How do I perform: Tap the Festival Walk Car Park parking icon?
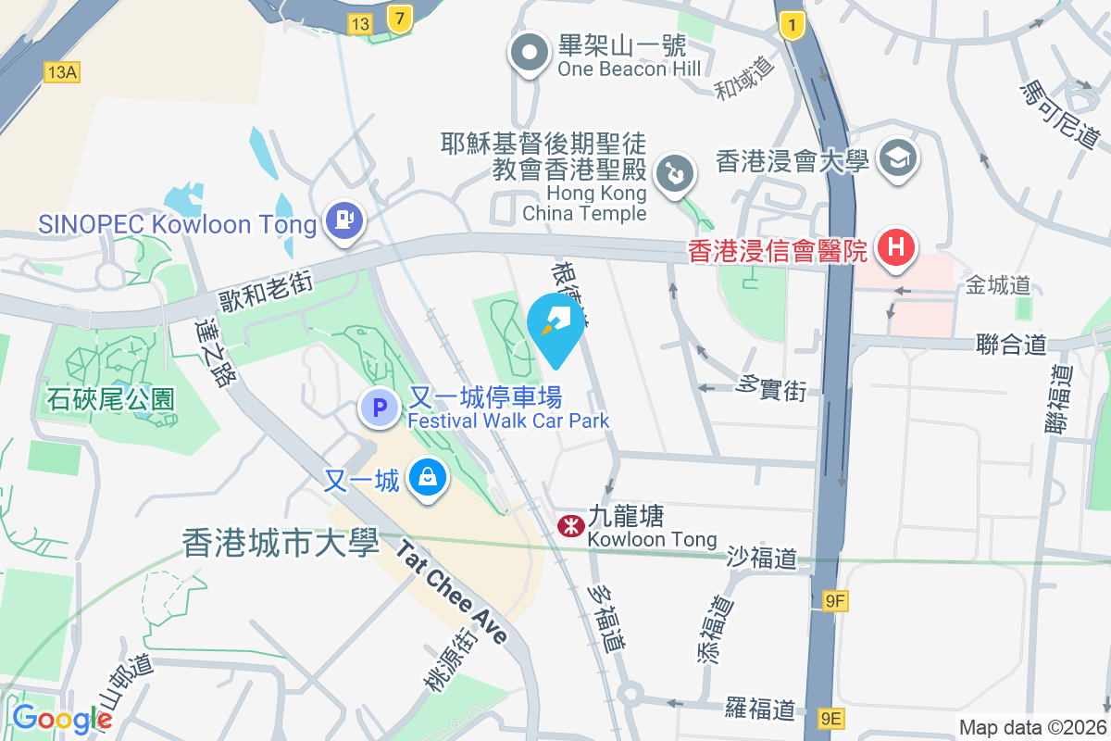coord(378,407)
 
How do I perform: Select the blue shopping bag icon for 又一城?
coord(428,479)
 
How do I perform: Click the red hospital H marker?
coord(895,248)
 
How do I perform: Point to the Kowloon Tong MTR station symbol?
coord(569,526)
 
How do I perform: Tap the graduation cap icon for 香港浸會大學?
coord(897,159)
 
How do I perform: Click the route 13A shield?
coord(61,71)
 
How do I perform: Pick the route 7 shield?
coord(399,19)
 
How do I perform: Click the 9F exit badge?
coord(835,602)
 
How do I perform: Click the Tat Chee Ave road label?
coord(453,593)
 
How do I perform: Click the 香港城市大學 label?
coord(281,543)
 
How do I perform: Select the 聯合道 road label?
coord(1011,345)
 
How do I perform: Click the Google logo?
coord(62,719)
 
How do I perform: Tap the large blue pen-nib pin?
coord(555,327)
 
